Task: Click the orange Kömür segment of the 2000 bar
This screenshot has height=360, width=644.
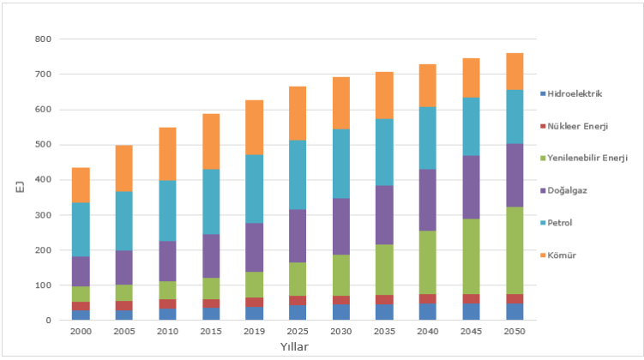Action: point(81,184)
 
